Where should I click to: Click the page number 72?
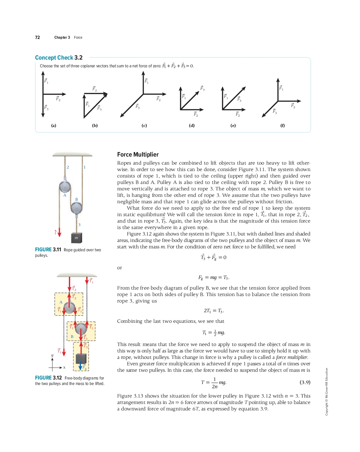pyautogui.click(x=37, y=37)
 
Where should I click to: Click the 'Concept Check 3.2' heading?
pyautogui.click(x=59, y=58)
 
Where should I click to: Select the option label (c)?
pyautogui.click(x=144, y=126)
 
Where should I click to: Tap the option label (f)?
pyautogui.click(x=282, y=126)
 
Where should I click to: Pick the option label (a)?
pyautogui.click(x=53, y=126)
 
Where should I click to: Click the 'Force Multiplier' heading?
pyautogui.click(x=138, y=155)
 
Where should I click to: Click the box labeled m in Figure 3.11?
pyautogui.click(x=76, y=238)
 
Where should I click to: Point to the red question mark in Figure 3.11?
pyautogui.click(x=55, y=232)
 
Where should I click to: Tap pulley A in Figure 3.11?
pyautogui.click(x=65, y=187)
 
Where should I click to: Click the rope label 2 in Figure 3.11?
pyautogui.click(x=68, y=167)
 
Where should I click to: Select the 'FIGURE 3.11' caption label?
pyautogui.click(x=48, y=250)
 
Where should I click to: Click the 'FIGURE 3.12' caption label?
pyautogui.click(x=48, y=378)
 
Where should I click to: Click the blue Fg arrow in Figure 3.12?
pyautogui.click(x=81, y=366)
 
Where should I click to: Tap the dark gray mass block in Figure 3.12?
pyautogui.click(x=81, y=359)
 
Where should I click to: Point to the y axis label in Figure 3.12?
pyautogui.click(x=52, y=355)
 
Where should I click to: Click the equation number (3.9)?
pyautogui.click(x=305, y=382)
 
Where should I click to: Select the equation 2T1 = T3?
pyautogui.click(x=213, y=311)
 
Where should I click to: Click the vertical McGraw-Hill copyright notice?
pyautogui.click(x=327, y=391)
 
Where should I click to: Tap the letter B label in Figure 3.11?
pyautogui.click(x=77, y=199)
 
